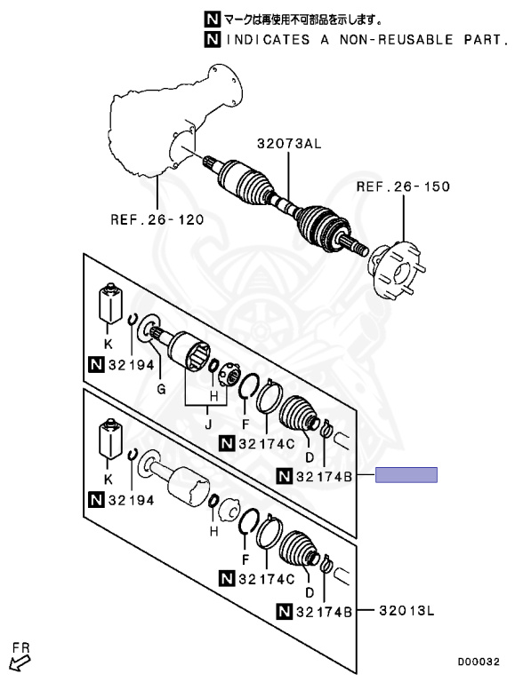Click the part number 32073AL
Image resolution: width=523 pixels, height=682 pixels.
[289, 143]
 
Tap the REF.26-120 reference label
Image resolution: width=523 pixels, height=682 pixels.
[157, 218]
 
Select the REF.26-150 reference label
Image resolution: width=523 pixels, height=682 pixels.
[403, 186]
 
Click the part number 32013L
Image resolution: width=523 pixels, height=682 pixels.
[406, 610]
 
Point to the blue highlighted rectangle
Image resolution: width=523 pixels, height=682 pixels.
[406, 474]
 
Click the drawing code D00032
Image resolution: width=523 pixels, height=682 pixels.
[479, 662]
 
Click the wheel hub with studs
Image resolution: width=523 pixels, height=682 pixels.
[395, 271]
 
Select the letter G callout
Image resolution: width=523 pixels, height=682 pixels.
[161, 389]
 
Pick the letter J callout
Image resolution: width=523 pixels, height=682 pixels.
[208, 424]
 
